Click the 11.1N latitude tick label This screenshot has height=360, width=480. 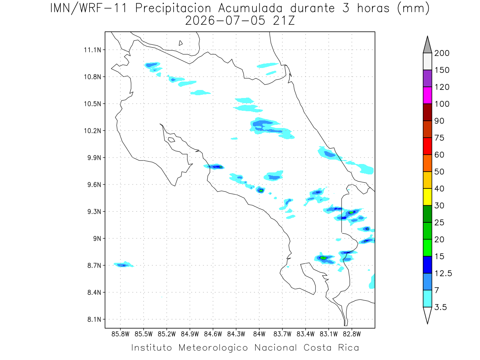[92, 50]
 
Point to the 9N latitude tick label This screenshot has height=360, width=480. [97, 238]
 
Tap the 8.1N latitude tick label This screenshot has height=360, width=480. [94, 319]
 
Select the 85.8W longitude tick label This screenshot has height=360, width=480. [120, 334]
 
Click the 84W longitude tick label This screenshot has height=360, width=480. [259, 334]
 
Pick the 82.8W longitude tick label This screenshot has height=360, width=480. [352, 334]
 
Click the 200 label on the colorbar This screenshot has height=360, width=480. [442, 53]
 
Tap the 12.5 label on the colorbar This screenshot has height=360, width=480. [443, 274]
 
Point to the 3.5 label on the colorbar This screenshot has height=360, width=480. [440, 307]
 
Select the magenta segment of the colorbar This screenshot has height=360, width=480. [427, 95]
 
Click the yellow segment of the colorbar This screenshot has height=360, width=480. [427, 197]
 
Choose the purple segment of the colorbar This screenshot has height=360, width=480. [427, 78]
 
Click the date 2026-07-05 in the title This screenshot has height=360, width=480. [225, 21]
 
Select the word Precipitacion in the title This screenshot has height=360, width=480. [173, 8]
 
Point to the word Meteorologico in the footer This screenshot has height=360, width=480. [213, 348]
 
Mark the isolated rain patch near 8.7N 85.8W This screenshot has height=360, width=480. [124, 265]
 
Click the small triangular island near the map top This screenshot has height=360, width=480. [180, 43]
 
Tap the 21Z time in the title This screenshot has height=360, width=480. [284, 21]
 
